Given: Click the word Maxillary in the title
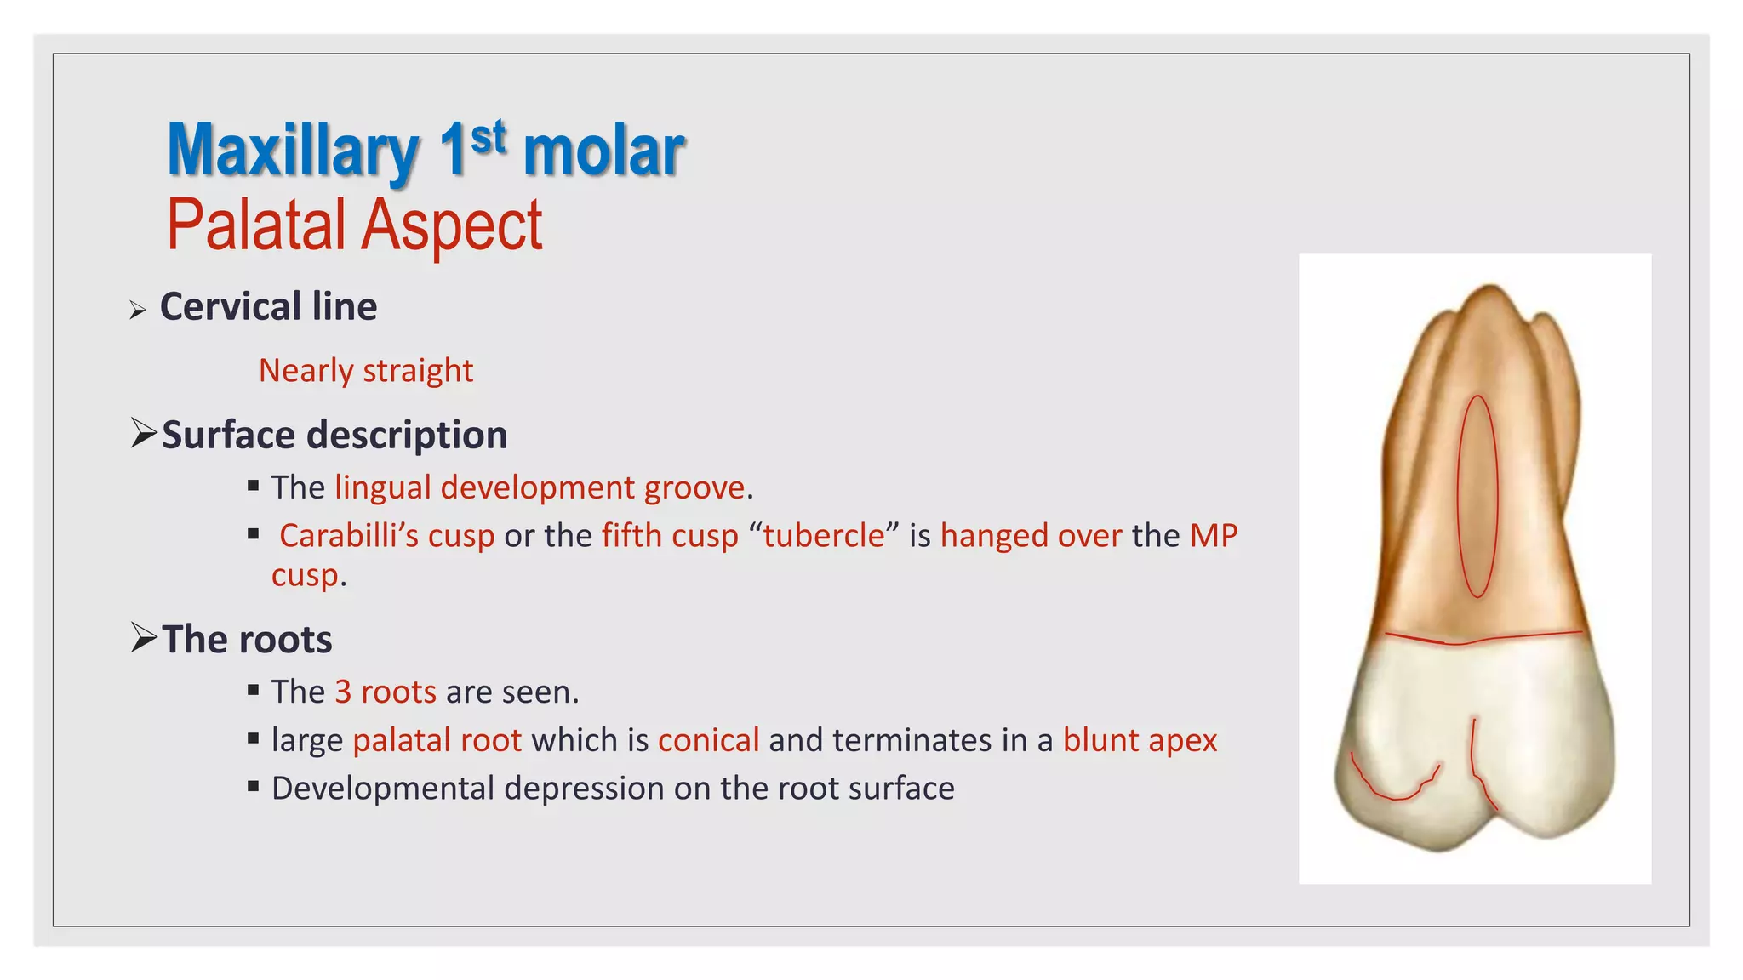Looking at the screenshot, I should pos(292,151).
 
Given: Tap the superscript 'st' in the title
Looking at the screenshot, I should pos(489,137).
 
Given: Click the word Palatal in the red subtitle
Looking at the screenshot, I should pos(257,225).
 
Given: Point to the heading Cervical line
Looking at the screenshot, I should pos(268,306).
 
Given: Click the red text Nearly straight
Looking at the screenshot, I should pos(366,371).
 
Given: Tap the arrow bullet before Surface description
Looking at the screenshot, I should pos(143,434).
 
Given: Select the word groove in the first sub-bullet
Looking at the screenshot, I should pos(694,487).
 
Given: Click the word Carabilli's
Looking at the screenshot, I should pos(386,536).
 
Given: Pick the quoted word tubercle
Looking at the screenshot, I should pos(824,536).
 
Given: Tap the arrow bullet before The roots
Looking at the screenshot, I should pos(143,637).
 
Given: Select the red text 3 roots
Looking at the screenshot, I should pos(386,692).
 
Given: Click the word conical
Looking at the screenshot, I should pos(708,740).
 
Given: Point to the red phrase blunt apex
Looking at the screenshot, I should pos(1140,740).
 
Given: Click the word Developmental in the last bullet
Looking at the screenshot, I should pos(383,789).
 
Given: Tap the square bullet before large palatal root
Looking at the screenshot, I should pos(253,738).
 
